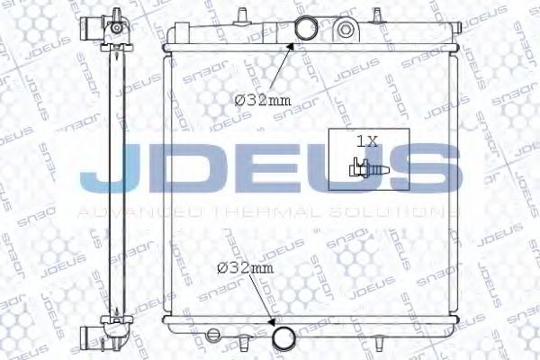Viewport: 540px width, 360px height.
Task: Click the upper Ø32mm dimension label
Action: coord(256,100)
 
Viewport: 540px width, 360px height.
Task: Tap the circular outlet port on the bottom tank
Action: coord(284,339)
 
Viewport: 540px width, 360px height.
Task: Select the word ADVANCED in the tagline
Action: coord(144,212)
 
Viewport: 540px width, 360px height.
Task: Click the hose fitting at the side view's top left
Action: coord(89,28)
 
